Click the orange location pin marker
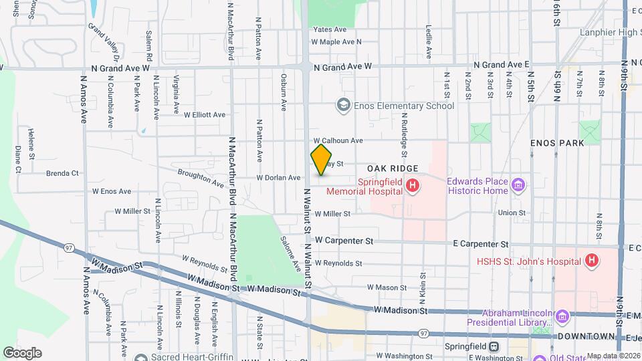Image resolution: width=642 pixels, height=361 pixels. [321, 160]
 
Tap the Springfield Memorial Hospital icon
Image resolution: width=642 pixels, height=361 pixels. [413, 185]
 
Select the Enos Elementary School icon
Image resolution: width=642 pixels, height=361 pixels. [343, 106]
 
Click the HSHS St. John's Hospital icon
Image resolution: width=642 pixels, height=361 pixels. [591, 260]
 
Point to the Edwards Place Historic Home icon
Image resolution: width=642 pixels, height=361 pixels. [517, 185]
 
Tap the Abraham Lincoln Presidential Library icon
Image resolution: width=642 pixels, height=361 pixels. [561, 316]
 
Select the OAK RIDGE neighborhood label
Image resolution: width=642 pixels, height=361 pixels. [392, 168]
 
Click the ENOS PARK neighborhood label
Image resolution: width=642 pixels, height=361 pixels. [556, 143]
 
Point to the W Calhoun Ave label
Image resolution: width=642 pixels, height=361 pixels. [337, 140]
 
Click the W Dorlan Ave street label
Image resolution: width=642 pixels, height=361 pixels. [279, 178]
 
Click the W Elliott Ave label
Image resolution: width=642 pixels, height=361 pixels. [205, 115]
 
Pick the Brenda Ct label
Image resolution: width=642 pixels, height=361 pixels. [62, 173]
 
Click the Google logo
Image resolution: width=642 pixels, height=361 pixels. [22, 352]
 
